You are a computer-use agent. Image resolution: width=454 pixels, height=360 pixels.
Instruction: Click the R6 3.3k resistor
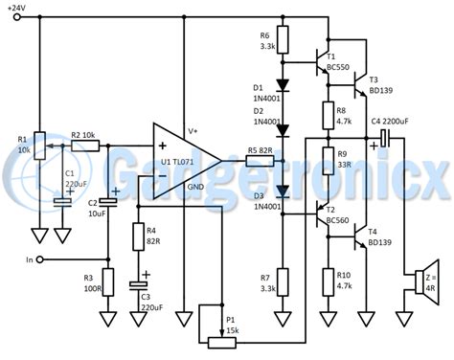[282, 41]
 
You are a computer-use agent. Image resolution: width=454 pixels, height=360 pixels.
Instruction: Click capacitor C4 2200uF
[384, 139]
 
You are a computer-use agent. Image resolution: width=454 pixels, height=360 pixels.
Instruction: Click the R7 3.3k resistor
[282, 281]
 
